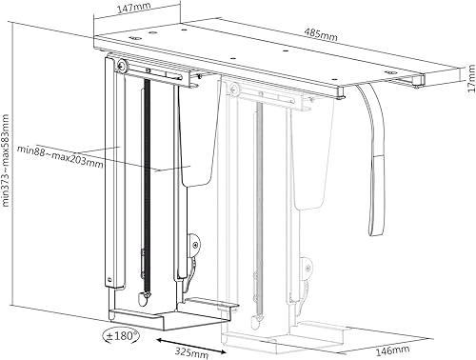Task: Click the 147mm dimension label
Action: click(x=134, y=8)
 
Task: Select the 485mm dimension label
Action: click(x=321, y=34)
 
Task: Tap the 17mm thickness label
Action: click(x=471, y=78)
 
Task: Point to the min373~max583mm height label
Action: click(x=6, y=161)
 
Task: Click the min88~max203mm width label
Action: click(x=60, y=156)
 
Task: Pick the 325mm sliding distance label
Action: click(x=191, y=352)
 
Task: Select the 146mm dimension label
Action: click(x=392, y=350)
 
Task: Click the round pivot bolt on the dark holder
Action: click(x=122, y=66)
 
